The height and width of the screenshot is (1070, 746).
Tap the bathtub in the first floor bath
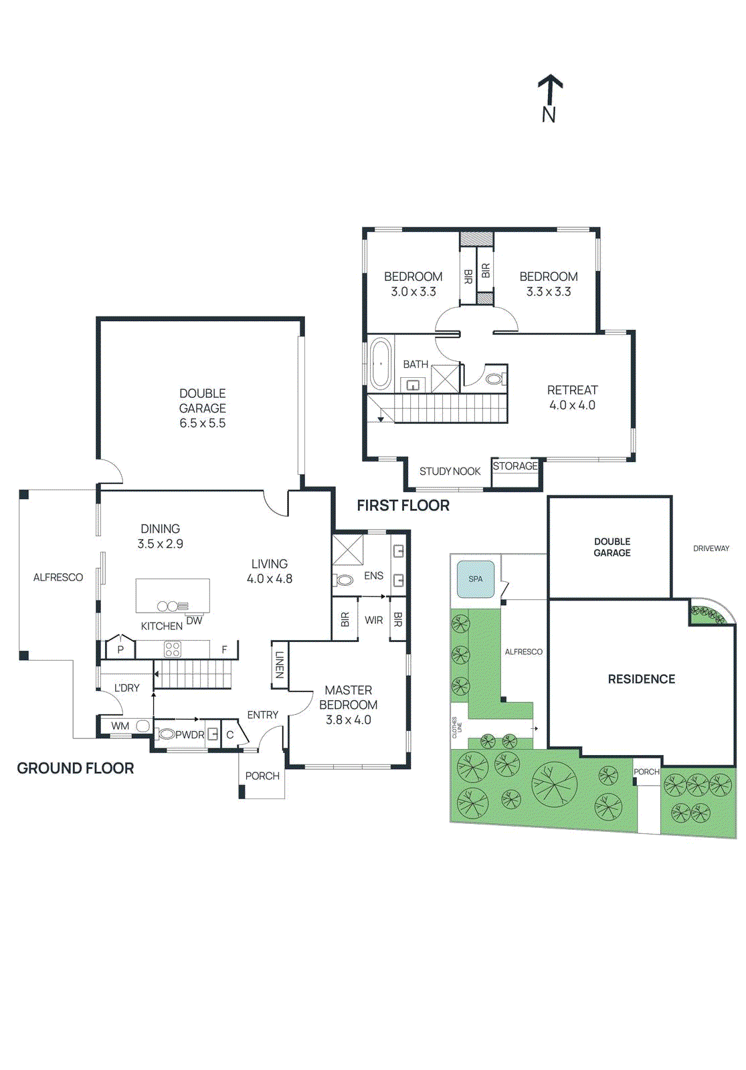pos(380,364)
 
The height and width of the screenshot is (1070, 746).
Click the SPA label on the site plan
pos(475,579)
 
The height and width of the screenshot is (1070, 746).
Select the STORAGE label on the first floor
pos(515,466)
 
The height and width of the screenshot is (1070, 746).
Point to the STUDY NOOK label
pos(450,471)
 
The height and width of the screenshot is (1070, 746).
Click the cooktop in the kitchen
pos(173,649)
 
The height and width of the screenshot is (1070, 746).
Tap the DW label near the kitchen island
pos(194,621)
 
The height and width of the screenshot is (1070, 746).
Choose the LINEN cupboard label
pos(280,665)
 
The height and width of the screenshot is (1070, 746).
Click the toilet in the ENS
pos(345,580)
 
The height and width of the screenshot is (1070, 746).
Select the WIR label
pos(373,621)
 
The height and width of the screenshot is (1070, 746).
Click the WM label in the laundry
pos(120,726)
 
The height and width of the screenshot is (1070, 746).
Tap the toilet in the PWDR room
pos(166,734)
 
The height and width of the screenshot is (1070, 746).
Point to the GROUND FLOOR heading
pos(76,768)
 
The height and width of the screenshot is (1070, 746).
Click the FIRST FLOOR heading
pos(403,506)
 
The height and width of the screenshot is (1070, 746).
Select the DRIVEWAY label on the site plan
pos(711,548)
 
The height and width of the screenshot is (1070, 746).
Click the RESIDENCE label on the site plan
pos(641,679)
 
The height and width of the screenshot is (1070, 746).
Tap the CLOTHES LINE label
pos(456,726)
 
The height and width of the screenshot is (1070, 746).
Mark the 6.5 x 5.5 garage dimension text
pos(202,423)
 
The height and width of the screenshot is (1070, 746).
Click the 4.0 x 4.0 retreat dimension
pos(572,405)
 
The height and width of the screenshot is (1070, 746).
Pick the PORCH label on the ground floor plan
pos(262,776)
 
